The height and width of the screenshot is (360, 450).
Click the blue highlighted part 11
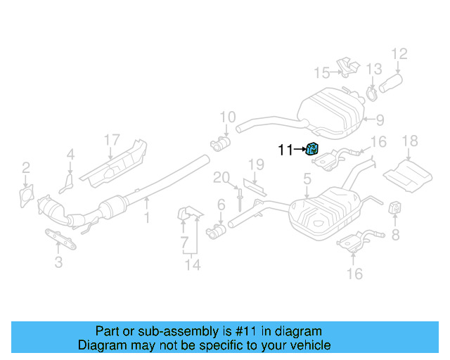pos(313,148)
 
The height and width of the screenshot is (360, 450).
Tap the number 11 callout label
pos(285,149)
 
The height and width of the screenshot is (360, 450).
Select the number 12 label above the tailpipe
pos(399,53)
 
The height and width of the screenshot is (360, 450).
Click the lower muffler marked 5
pos(324,212)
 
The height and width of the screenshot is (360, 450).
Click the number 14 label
pos(192,264)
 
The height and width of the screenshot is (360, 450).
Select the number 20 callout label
pos(221,178)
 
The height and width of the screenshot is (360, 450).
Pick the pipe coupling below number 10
pos(221,145)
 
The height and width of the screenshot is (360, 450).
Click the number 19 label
pos(255,165)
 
